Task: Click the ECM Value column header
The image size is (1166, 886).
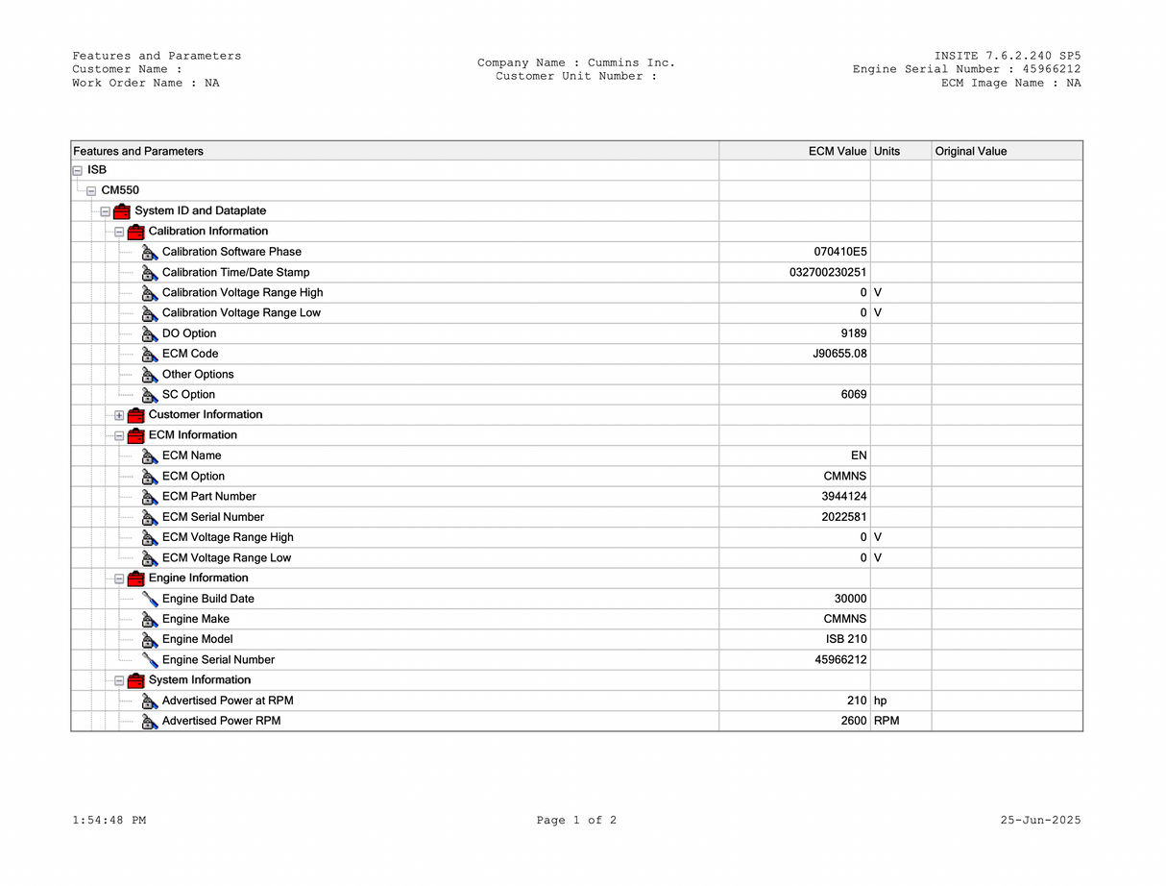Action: pyautogui.click(x=837, y=151)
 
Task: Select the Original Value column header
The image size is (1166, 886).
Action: pyautogui.click(x=971, y=151)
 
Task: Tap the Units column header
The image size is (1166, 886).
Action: pyautogui.click(x=887, y=151)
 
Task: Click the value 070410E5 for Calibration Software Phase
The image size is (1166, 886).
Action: pyautogui.click(x=839, y=252)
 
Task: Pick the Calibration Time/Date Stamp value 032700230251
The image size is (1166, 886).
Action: pyautogui.click(x=828, y=272)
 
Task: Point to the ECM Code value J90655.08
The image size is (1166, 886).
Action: pyautogui.click(x=839, y=354)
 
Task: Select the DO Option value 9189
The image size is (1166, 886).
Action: pyautogui.click(x=853, y=333)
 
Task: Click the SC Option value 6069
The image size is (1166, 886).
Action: pyautogui.click(x=853, y=394)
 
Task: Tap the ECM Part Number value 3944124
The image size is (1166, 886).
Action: pyautogui.click(x=844, y=497)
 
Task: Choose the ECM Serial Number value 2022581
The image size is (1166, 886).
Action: pyautogui.click(x=844, y=517)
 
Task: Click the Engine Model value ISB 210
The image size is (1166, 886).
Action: pyautogui.click(x=845, y=639)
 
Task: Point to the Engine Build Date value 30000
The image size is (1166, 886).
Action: pyautogui.click(x=850, y=599)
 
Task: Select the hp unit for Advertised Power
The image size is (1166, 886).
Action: pyautogui.click(x=881, y=701)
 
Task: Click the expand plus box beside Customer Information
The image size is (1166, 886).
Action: pyautogui.click(x=119, y=415)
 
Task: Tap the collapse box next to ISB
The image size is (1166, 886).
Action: pyautogui.click(x=77, y=170)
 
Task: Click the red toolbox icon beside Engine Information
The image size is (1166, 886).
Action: pyautogui.click(x=135, y=578)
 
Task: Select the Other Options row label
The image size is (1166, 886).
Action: pyautogui.click(x=198, y=374)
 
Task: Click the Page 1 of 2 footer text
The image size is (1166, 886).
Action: pyautogui.click(x=576, y=821)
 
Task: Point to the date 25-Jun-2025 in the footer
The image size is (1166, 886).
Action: pyautogui.click(x=1040, y=821)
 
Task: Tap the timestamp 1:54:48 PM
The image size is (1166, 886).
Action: pyautogui.click(x=109, y=821)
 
